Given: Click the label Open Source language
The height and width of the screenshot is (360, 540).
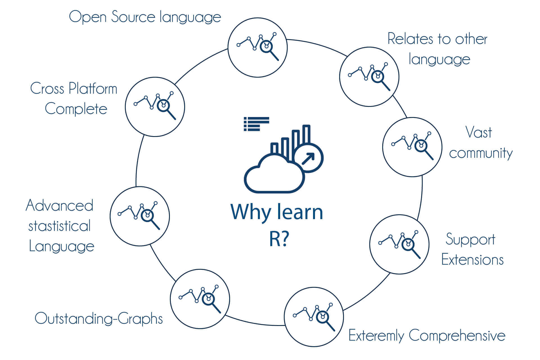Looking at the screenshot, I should click(x=145, y=17).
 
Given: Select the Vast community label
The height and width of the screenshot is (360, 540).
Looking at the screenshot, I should click(x=481, y=143).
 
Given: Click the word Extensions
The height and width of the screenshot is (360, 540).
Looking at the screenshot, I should click(x=472, y=260).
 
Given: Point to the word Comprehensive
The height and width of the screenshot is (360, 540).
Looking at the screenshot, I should click(x=457, y=336).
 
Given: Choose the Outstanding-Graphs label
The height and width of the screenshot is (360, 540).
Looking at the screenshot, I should click(x=99, y=319).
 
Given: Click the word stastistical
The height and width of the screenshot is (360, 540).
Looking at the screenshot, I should click(x=59, y=226).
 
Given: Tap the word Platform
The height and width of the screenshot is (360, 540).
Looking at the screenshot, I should click(x=93, y=89).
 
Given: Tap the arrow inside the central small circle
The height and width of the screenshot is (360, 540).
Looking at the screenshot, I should click(x=308, y=159).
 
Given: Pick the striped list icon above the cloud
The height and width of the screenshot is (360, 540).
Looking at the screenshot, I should click(x=256, y=124).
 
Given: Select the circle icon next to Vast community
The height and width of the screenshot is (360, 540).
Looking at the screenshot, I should click(x=412, y=147).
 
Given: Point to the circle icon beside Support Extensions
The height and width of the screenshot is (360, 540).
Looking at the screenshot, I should click(x=399, y=244).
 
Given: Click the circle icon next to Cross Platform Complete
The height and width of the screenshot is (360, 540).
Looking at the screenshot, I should click(x=155, y=107).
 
